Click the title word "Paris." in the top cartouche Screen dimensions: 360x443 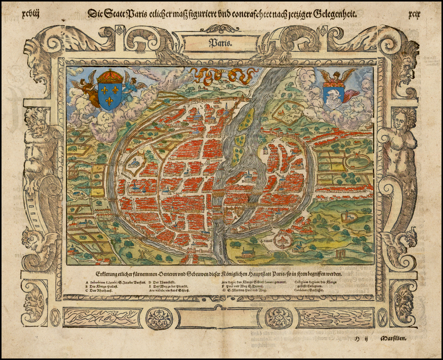(221, 43)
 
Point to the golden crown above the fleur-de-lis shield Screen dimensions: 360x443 (110, 76)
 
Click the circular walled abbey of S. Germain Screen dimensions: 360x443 (283, 239)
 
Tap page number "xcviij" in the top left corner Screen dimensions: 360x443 (30, 13)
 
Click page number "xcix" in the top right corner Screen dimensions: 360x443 (414, 13)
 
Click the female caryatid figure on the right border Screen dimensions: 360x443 (400, 143)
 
